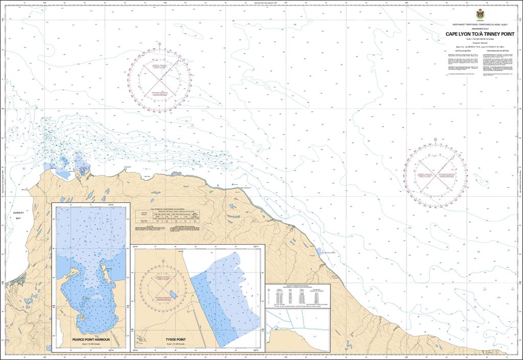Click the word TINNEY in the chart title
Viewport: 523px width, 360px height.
488,34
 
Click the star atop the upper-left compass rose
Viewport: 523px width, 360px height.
159,44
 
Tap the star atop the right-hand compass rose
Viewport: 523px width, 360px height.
435,139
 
